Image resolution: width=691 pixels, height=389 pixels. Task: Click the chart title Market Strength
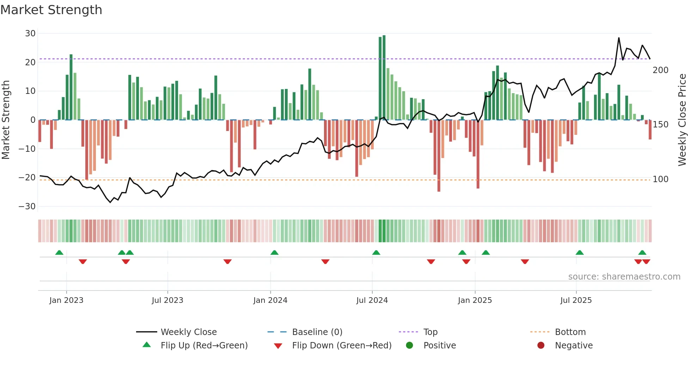pos(51,10)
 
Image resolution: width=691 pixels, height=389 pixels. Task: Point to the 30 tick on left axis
pos(30,34)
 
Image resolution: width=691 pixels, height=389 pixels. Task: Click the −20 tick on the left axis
pos(27,178)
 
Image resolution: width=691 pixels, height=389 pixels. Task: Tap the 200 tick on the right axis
pos(660,70)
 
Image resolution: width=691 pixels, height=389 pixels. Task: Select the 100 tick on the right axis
pos(660,179)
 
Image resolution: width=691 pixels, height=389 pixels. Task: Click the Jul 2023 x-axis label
pos(167,300)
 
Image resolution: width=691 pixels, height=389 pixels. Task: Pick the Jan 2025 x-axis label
pos(475,300)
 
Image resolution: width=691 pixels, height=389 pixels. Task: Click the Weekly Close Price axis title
pos(682,120)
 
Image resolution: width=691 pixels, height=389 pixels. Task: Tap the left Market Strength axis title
pos(6,120)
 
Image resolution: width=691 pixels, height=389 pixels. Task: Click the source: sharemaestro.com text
pos(624,277)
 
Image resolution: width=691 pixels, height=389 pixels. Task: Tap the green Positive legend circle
pos(409,346)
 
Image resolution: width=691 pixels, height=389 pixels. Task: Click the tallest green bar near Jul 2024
pos(384,78)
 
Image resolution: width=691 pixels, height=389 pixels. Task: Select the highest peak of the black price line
pos(619,38)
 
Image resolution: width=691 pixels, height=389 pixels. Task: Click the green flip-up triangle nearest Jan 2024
pos(274,252)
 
